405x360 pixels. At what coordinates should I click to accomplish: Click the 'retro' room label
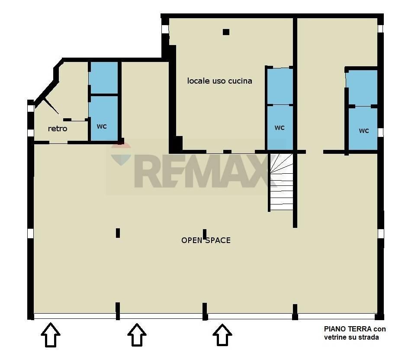[58, 129]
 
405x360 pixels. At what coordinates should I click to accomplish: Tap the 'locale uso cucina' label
[219, 81]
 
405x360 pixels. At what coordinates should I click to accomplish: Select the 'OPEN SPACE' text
[206, 240]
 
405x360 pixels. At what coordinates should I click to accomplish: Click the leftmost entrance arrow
[51, 334]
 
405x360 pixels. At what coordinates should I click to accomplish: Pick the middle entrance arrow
[137, 334]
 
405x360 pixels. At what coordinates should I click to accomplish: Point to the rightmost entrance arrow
[222, 334]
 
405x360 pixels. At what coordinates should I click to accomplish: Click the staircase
[282, 182]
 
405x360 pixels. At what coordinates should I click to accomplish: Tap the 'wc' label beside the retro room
[102, 126]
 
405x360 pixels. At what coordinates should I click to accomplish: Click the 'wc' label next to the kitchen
[280, 127]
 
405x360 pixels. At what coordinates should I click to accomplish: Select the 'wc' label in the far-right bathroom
[364, 130]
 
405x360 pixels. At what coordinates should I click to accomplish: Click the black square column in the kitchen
[226, 32]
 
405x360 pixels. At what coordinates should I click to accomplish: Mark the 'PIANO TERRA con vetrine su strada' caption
[355, 333]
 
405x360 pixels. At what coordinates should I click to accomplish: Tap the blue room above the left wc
[103, 78]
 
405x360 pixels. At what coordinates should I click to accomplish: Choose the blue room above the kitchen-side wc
[280, 86]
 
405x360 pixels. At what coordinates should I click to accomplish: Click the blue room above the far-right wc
[362, 88]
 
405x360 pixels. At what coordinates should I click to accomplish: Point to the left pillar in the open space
[118, 233]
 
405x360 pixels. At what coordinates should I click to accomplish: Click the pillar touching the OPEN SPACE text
[205, 234]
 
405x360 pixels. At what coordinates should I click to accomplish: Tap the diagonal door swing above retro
[51, 106]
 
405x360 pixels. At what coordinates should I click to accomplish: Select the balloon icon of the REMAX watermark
[121, 154]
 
